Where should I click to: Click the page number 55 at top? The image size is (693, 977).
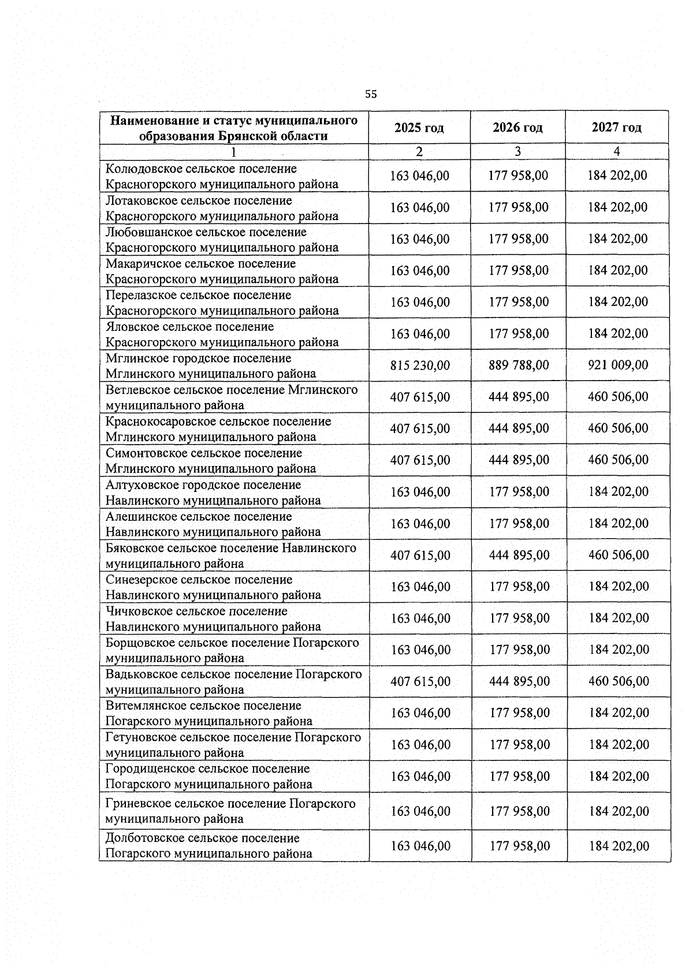(371, 94)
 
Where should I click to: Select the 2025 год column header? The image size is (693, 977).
(419, 128)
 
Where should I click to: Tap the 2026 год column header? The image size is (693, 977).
(517, 128)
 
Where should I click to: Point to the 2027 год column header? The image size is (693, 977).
(616, 128)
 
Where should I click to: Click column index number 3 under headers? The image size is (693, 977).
(517, 152)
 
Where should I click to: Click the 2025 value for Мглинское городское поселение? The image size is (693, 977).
(420, 366)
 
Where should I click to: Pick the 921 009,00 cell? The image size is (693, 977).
(617, 366)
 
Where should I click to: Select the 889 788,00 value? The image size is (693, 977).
(519, 366)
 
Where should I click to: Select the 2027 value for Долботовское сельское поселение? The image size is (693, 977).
(619, 847)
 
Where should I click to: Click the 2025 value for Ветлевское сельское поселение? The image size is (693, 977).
(420, 397)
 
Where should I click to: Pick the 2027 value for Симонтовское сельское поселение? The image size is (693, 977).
(618, 460)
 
